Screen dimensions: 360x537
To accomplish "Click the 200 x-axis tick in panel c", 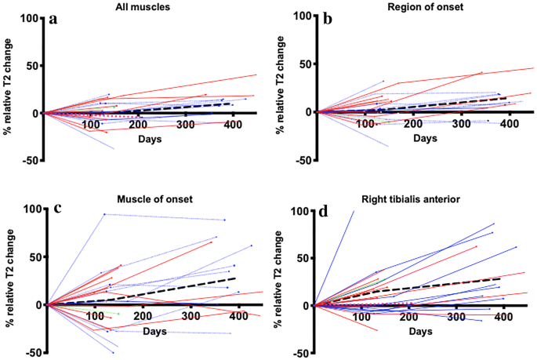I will click(142, 316).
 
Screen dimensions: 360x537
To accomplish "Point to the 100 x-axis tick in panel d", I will click(361, 317).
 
